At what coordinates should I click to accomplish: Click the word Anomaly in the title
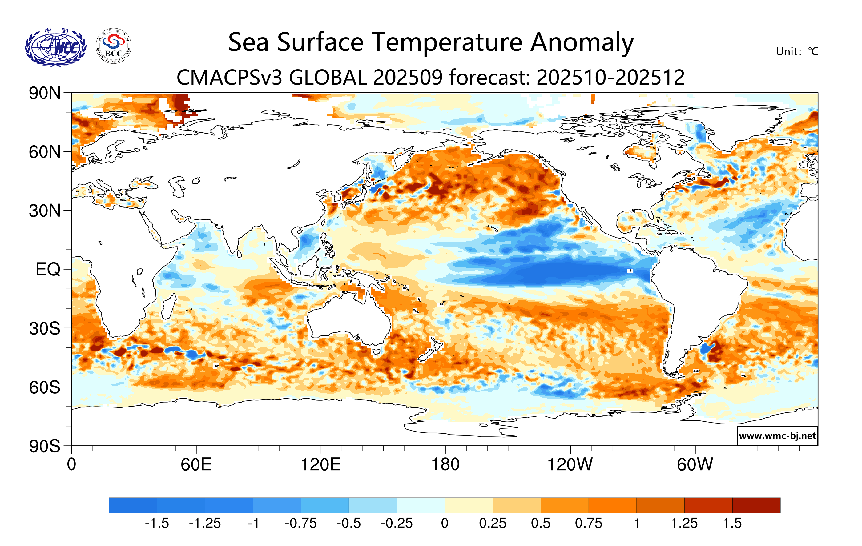(582, 42)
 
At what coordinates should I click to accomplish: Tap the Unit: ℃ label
(797, 51)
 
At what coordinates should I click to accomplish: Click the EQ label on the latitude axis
(48, 269)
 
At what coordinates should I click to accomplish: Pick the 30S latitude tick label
(45, 328)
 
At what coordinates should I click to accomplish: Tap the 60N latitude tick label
(45, 152)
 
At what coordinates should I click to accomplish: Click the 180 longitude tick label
(445, 465)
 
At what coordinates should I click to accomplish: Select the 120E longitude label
(321, 465)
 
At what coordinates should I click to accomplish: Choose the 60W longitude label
(695, 465)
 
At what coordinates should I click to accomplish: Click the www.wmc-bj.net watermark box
(777, 436)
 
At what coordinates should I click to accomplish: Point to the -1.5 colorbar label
(157, 524)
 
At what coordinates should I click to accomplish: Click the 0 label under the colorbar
(445, 524)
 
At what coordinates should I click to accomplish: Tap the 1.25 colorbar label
(684, 524)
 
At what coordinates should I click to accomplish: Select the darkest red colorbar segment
(756, 505)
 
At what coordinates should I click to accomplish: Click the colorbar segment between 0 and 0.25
(469, 505)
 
